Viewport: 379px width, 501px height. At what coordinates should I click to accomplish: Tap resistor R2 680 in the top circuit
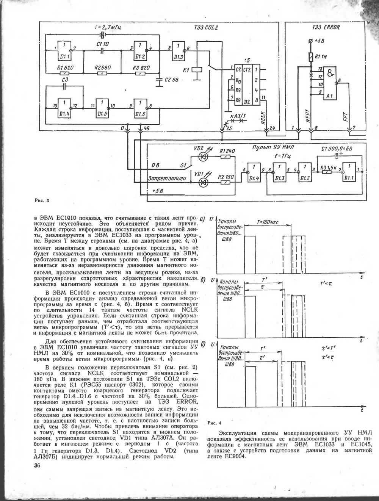[x=102, y=73]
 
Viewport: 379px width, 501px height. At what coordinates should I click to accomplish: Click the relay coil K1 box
[x=196, y=69]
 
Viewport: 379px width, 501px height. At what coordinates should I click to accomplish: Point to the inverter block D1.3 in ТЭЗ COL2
[x=179, y=51]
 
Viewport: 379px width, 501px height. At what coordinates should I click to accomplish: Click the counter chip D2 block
[x=247, y=85]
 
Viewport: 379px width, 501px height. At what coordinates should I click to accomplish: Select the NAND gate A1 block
[x=330, y=83]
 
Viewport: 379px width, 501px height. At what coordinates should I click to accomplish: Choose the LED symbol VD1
[x=202, y=182]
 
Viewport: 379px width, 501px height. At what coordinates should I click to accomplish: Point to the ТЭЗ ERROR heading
[x=326, y=28]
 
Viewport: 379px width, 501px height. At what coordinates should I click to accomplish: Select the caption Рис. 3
[x=42, y=200]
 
